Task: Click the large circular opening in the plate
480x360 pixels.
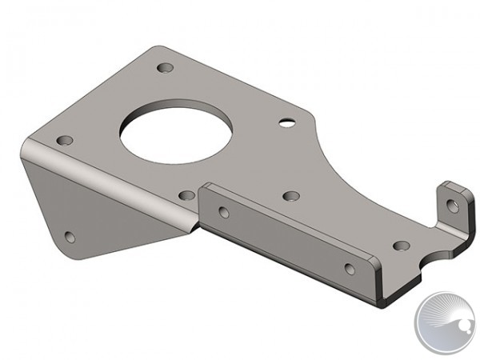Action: pyautogui.click(x=177, y=131)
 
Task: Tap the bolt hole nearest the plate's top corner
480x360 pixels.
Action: pyautogui.click(x=165, y=68)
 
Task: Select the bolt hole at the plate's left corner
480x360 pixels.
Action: pyautogui.click(x=65, y=140)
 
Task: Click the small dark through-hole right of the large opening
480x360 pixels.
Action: pyautogui.click(x=286, y=123)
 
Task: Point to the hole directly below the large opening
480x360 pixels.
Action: pyautogui.click(x=186, y=194)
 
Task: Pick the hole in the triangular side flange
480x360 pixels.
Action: pyautogui.click(x=70, y=237)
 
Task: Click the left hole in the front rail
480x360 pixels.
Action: pyautogui.click(x=224, y=212)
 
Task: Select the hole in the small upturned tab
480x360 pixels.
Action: pyautogui.click(x=453, y=206)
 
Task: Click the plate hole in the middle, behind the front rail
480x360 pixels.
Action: pyautogui.click(x=291, y=195)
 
